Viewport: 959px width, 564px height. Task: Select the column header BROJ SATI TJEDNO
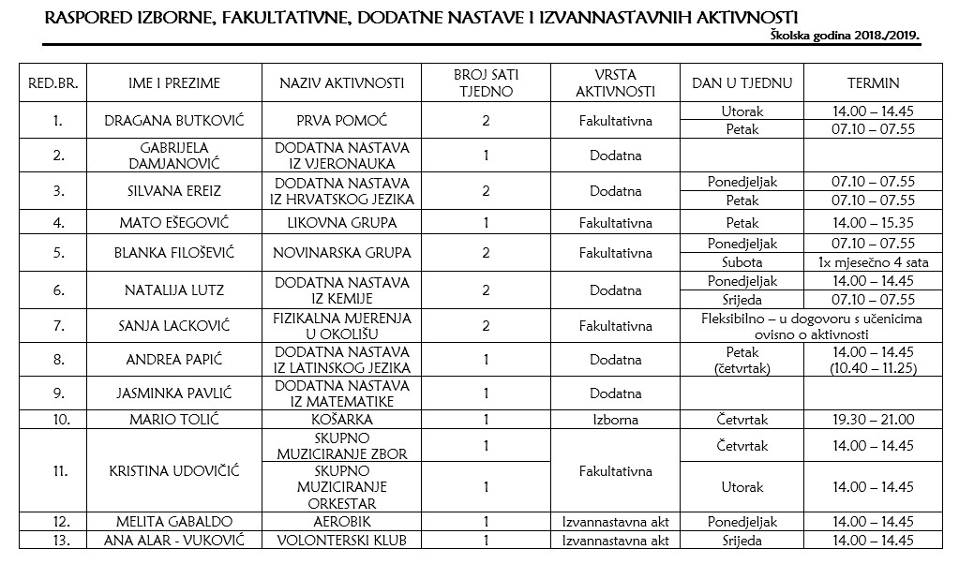485,82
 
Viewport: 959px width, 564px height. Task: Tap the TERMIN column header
872,82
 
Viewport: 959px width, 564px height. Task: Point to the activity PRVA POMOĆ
341,121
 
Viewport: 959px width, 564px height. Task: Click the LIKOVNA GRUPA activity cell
341,223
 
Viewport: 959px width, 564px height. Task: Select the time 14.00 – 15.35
872,223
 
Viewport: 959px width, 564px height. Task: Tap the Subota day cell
742,262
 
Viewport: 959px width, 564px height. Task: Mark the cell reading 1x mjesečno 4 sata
872,262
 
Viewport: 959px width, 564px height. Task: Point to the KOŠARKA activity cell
341,420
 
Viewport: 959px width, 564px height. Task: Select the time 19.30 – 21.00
872,420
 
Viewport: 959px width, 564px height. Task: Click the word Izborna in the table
615,420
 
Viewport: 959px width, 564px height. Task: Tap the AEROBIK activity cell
341,522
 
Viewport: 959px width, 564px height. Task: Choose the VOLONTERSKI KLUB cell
341,541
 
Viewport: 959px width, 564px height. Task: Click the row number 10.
58,420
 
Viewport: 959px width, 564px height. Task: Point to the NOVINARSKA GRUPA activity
341,253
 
